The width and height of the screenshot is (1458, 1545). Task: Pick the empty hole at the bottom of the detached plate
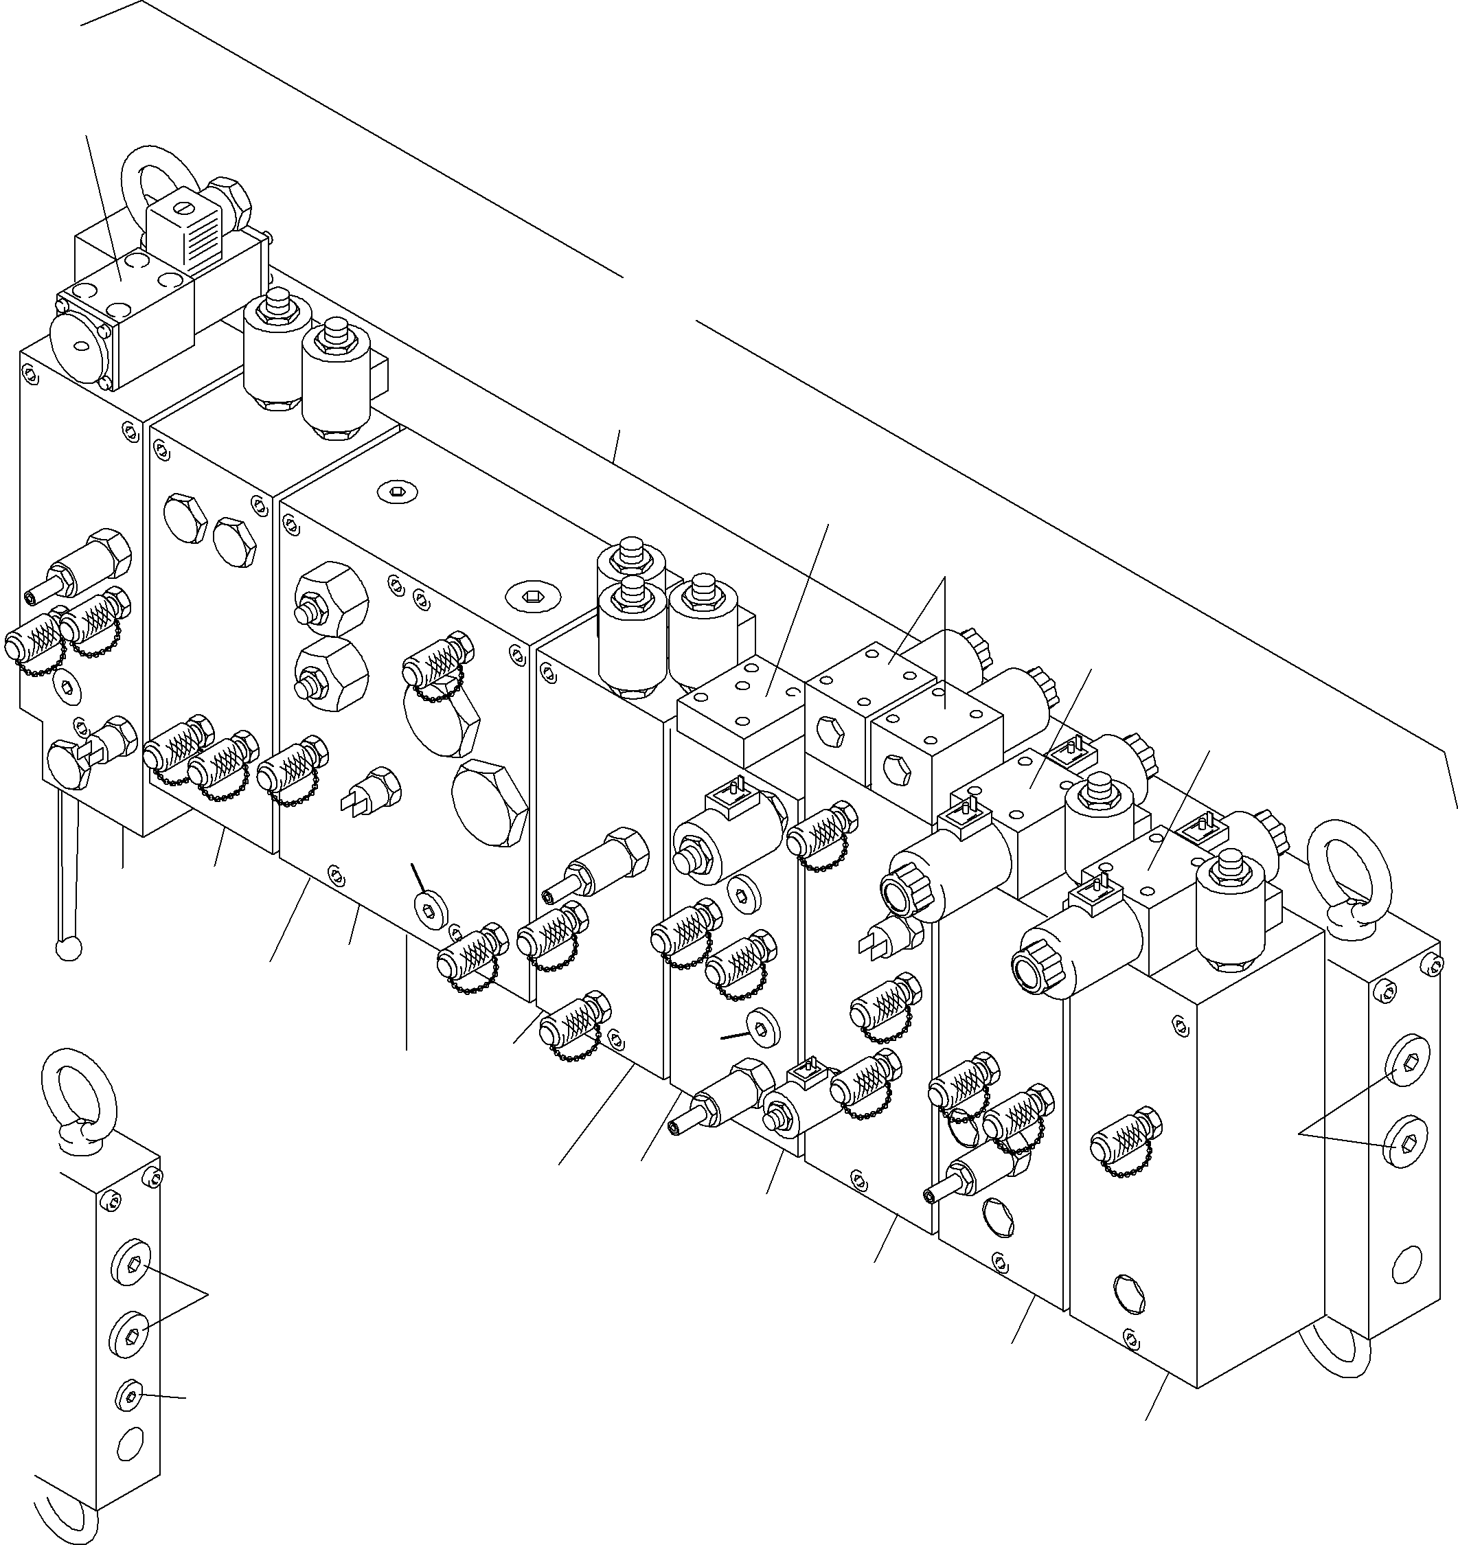pyautogui.click(x=128, y=1445)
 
